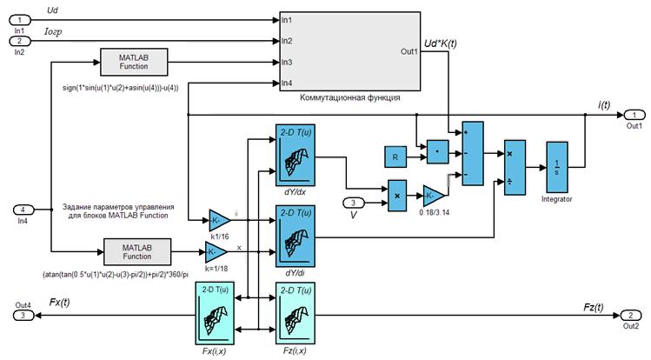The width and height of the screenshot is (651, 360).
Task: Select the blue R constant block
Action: pyautogui.click(x=395, y=157)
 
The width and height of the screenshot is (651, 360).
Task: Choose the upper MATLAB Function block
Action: pyautogui.click(x=135, y=62)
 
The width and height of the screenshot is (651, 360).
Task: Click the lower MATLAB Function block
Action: pyautogui.click(x=136, y=251)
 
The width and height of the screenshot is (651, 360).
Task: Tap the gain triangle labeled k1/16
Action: pyautogui.click(x=218, y=217)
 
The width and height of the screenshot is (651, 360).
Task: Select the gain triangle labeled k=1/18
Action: pyautogui.click(x=215, y=253)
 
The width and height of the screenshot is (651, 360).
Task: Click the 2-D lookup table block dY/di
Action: pyautogui.click(x=296, y=237)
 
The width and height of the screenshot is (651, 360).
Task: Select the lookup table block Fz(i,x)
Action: pyautogui.click(x=296, y=315)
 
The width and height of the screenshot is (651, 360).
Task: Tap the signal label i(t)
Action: pyautogui.click(x=603, y=104)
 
